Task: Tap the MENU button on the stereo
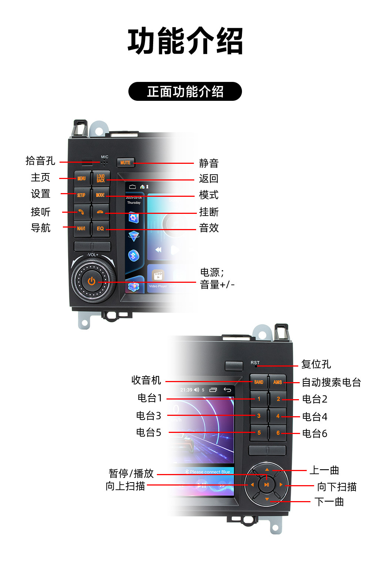(81, 179)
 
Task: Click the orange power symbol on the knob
(91, 281)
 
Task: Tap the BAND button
(259, 382)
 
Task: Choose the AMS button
(277, 382)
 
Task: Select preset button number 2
(278, 399)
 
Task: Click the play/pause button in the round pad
(266, 484)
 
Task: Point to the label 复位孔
(316, 364)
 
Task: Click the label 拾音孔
(40, 161)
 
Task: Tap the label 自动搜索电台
(331, 382)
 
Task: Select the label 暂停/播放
(131, 474)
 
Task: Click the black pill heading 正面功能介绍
(185, 92)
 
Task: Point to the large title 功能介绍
(185, 41)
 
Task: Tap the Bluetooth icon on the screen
(134, 255)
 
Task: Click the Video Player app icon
(158, 276)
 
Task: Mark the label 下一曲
(329, 502)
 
